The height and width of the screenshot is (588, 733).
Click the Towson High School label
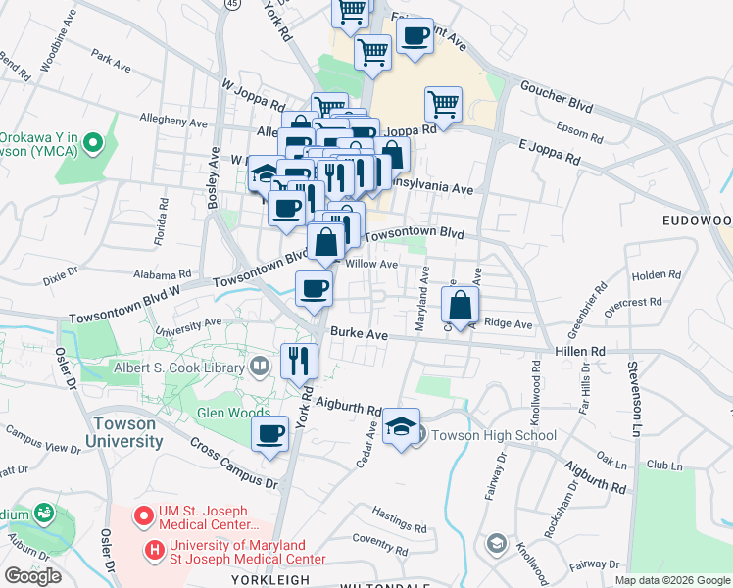coord(494,435)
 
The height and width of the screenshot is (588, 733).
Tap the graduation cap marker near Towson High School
coord(401,427)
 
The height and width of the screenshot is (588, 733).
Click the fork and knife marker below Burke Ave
coord(300,361)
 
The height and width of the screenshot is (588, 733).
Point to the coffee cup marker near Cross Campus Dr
coord(269,433)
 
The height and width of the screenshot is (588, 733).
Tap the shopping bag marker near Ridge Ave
coord(460,306)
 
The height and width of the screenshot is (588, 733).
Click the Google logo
coord(31,575)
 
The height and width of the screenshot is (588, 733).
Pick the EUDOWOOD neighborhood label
coord(695,221)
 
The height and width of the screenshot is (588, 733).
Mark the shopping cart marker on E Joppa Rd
coord(444,105)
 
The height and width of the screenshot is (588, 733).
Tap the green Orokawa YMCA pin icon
coord(93,144)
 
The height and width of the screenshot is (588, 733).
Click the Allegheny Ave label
coord(174,123)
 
